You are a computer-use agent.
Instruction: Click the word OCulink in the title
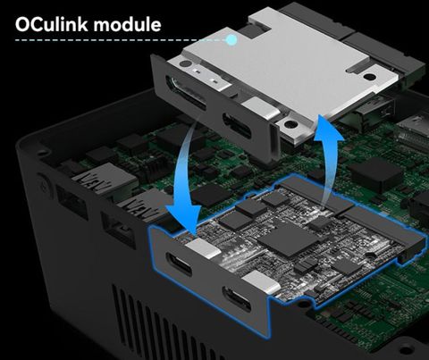[x=55, y=24]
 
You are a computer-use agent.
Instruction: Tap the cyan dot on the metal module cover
[x=231, y=40]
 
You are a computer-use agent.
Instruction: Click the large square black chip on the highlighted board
[x=285, y=239]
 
